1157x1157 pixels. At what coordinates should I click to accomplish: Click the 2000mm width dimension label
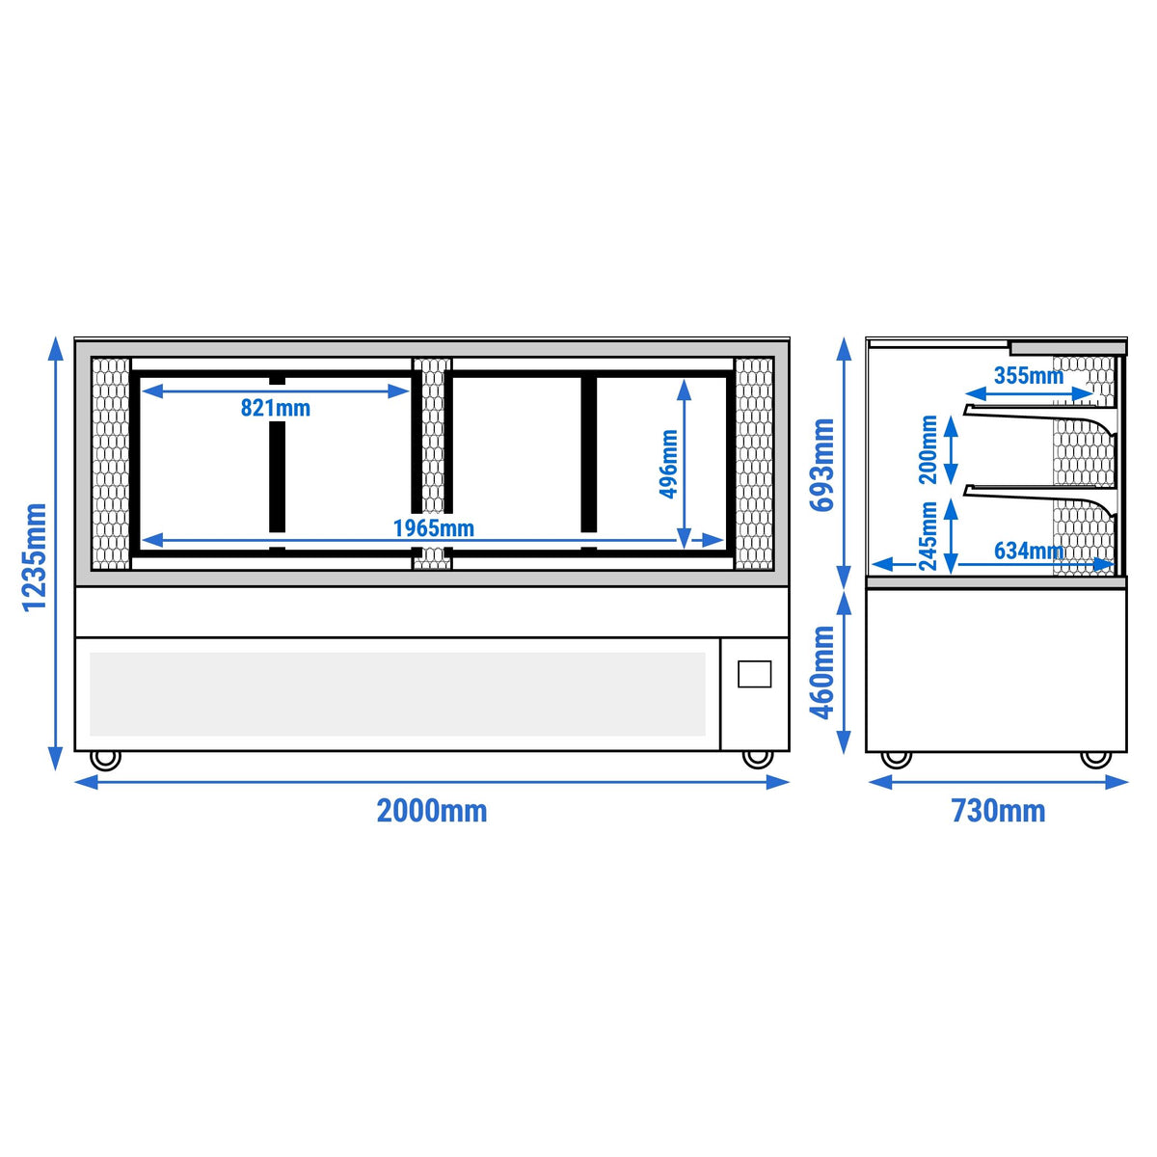[x=432, y=811]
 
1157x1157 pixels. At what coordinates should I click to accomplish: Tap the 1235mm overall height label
[x=34, y=557]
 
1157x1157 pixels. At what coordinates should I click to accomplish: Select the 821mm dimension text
[x=276, y=408]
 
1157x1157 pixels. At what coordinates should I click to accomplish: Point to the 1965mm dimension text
[x=434, y=528]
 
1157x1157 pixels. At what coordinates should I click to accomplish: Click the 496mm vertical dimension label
[x=668, y=464]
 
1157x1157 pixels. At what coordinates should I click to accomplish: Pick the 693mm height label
[x=822, y=465]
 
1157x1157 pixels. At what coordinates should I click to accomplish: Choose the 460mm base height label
[x=822, y=672]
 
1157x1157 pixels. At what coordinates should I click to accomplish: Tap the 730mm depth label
[x=998, y=811]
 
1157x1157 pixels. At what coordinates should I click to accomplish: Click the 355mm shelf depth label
[x=1029, y=376]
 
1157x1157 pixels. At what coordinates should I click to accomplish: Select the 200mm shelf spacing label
[x=928, y=449]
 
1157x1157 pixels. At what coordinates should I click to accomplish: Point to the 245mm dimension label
[x=928, y=535]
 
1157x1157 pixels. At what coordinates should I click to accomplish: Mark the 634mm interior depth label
[x=1029, y=551]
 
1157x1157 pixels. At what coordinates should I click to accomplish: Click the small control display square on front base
[x=755, y=674]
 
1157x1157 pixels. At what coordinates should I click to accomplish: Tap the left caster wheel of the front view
[x=106, y=760]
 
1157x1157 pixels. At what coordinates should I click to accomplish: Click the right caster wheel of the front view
[x=758, y=760]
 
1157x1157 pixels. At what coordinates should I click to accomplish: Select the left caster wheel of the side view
[x=897, y=760]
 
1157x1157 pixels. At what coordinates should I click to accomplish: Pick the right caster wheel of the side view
[x=1096, y=760]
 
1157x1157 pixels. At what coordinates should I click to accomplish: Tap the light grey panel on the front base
[x=397, y=694]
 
